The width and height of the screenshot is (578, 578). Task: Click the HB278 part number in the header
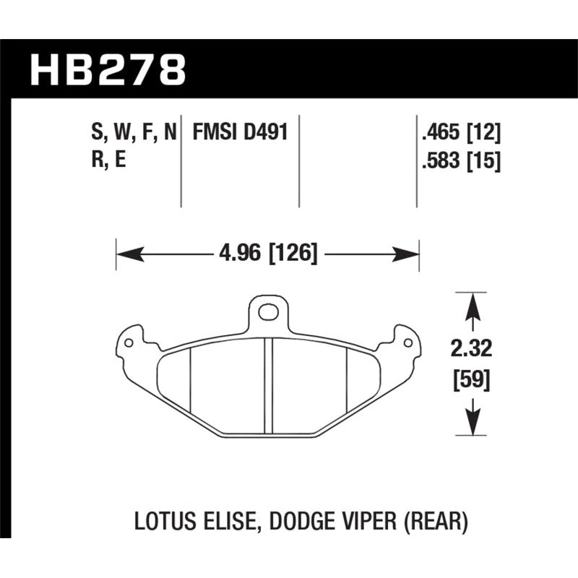pyautogui.click(x=107, y=71)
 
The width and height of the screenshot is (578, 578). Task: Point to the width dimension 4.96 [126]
pyautogui.click(x=268, y=254)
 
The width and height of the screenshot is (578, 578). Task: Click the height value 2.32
pyautogui.click(x=473, y=350)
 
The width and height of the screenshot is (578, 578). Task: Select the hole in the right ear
pyautogui.click(x=407, y=339)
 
